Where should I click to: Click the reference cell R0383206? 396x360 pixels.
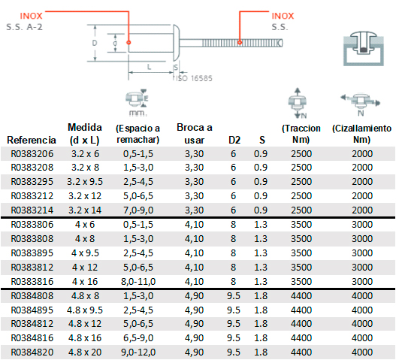tap(32, 154)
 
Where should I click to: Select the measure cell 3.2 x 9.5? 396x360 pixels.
tap(85, 182)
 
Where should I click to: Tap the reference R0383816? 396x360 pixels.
tap(32, 281)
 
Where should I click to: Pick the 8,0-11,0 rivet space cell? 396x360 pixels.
tap(138, 281)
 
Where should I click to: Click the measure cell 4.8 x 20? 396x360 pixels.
tap(85, 352)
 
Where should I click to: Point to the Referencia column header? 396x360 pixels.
tap(32, 140)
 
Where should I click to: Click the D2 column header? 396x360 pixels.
tap(234, 140)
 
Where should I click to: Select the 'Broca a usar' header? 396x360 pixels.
tap(195, 134)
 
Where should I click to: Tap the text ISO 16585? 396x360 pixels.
tap(194, 78)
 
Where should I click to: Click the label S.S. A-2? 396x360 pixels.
tap(25, 27)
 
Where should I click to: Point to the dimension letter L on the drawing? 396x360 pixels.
tap(150, 67)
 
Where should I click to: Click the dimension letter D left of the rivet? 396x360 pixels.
tap(95, 43)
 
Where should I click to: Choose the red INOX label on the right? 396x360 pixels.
tap(283, 16)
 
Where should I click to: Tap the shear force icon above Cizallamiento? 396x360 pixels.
tap(361, 104)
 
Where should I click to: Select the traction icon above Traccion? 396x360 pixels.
tap(298, 103)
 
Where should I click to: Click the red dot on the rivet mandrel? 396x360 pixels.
tap(240, 42)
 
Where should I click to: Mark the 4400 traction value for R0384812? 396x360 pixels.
tap(301, 324)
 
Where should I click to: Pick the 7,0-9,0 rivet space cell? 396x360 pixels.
tap(138, 210)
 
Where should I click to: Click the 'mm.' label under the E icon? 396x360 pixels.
tap(138, 113)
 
